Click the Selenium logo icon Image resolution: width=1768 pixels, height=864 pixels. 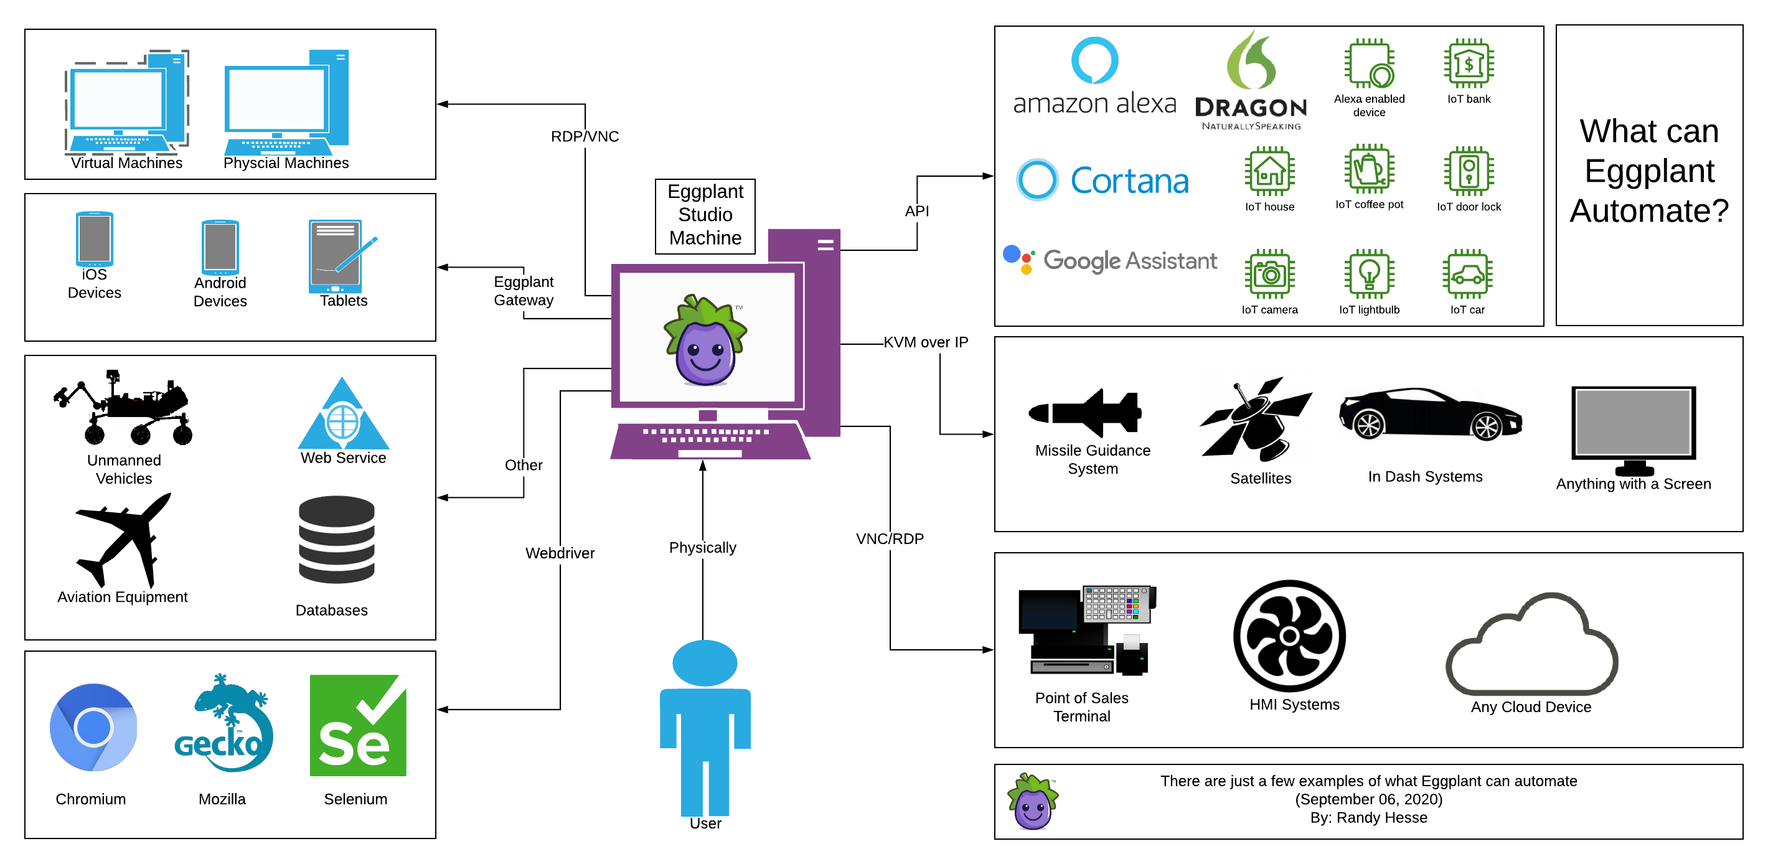point(357,725)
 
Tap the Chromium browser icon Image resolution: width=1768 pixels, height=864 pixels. point(93,727)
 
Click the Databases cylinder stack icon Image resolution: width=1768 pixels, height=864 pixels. point(336,540)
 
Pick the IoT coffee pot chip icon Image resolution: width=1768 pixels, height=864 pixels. point(1368,169)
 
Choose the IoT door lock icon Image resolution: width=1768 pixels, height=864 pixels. point(1468,171)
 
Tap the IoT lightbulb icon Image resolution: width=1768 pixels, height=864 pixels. point(1368,274)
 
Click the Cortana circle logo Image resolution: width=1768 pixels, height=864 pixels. point(1037,180)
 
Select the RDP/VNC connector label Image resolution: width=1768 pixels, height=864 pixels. point(585,136)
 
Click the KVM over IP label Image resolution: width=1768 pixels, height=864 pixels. point(925,342)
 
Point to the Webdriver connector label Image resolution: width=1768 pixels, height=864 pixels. point(560,553)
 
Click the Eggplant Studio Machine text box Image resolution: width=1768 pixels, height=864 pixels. point(705,215)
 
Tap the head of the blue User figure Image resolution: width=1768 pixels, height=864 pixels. point(705,662)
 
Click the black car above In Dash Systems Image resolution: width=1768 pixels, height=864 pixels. point(1431,414)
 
